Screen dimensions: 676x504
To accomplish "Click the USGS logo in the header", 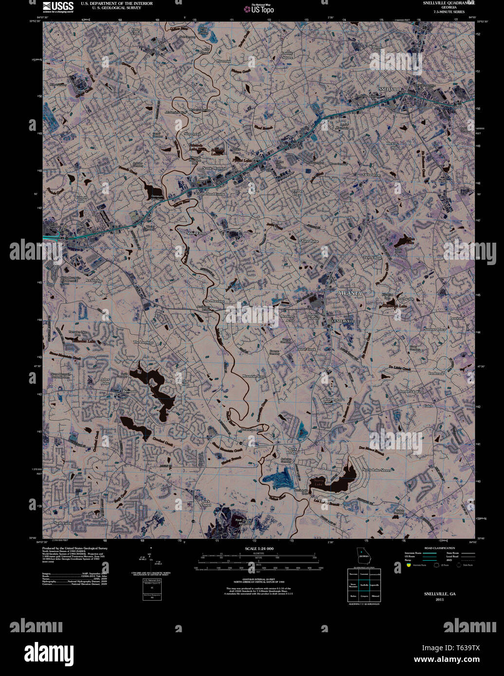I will [x=57, y=6].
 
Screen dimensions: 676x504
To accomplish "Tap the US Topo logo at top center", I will [x=261, y=8].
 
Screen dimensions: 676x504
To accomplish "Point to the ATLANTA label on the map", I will [x=350, y=293].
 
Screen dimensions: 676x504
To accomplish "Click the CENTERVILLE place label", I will [x=343, y=321].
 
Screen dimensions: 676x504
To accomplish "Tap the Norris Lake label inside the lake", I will [x=318, y=483].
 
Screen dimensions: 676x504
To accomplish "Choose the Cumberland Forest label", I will [x=210, y=194].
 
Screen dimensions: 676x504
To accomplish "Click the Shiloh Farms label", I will [x=196, y=233].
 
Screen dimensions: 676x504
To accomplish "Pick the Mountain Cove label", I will [x=254, y=376].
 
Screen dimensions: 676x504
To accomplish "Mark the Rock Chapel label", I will [x=205, y=503].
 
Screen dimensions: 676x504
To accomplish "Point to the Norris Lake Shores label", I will [x=376, y=470].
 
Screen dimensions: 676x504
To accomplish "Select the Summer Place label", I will [x=434, y=329].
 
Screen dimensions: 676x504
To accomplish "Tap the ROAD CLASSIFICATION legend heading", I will [x=439, y=548].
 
